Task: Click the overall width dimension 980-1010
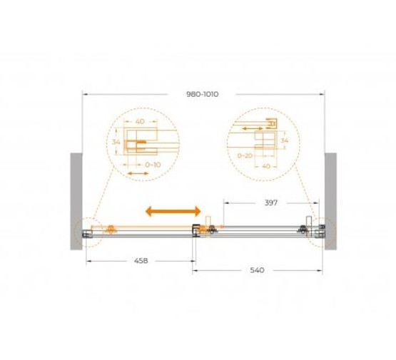click(203, 94)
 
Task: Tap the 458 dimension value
click(141, 261)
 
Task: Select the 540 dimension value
click(257, 270)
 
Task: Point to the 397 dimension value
click(271, 202)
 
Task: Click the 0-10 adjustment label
click(153, 165)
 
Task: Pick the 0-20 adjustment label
click(245, 155)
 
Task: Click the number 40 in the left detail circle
click(140, 121)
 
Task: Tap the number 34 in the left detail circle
click(116, 142)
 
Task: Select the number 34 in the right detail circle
click(285, 140)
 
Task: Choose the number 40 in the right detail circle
click(266, 166)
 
